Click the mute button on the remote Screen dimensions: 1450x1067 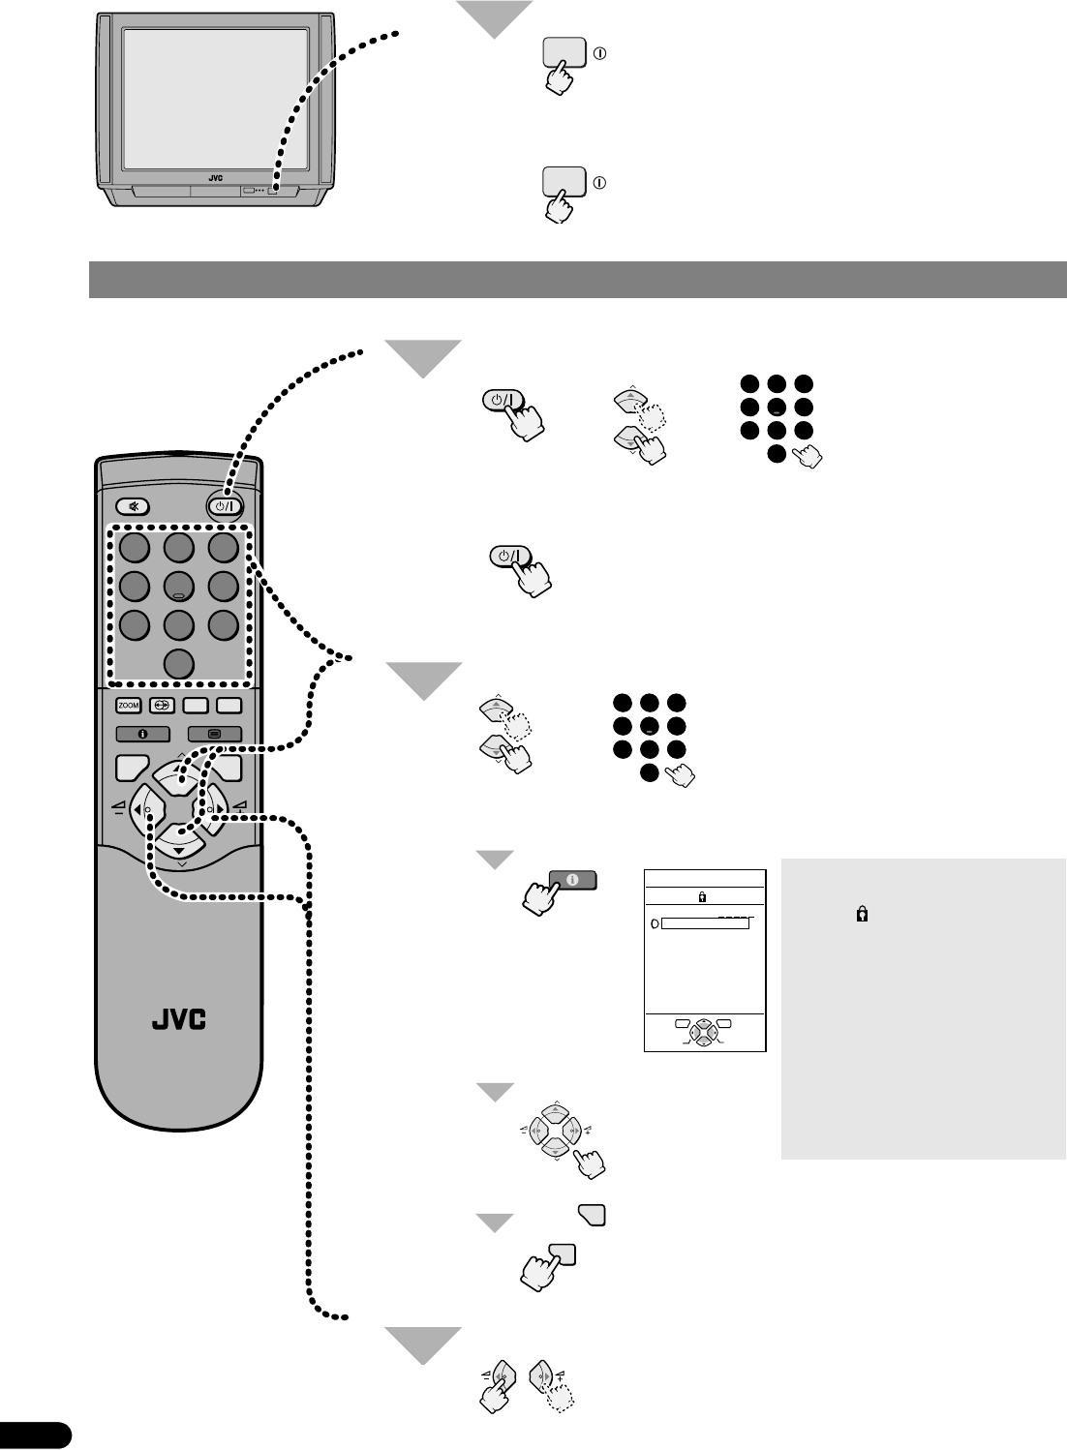[x=134, y=505]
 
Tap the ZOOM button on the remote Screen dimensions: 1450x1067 [x=129, y=706]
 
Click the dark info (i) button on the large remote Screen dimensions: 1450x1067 [x=142, y=735]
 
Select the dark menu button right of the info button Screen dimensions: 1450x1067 [x=214, y=735]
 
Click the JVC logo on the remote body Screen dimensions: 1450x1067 [x=179, y=1020]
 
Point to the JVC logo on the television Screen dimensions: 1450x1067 [x=215, y=179]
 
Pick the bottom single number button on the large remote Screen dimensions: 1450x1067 [x=179, y=664]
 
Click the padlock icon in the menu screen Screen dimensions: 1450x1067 [x=702, y=897]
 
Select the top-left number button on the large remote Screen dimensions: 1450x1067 [x=135, y=549]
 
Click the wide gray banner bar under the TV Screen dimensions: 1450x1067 [x=577, y=280]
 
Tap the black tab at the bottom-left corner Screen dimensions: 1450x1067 [x=35, y=1435]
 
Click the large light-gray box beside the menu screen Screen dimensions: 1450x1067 [x=923, y=1008]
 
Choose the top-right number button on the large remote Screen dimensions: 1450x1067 [x=224, y=549]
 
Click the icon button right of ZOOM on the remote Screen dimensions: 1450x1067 [x=161, y=706]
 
